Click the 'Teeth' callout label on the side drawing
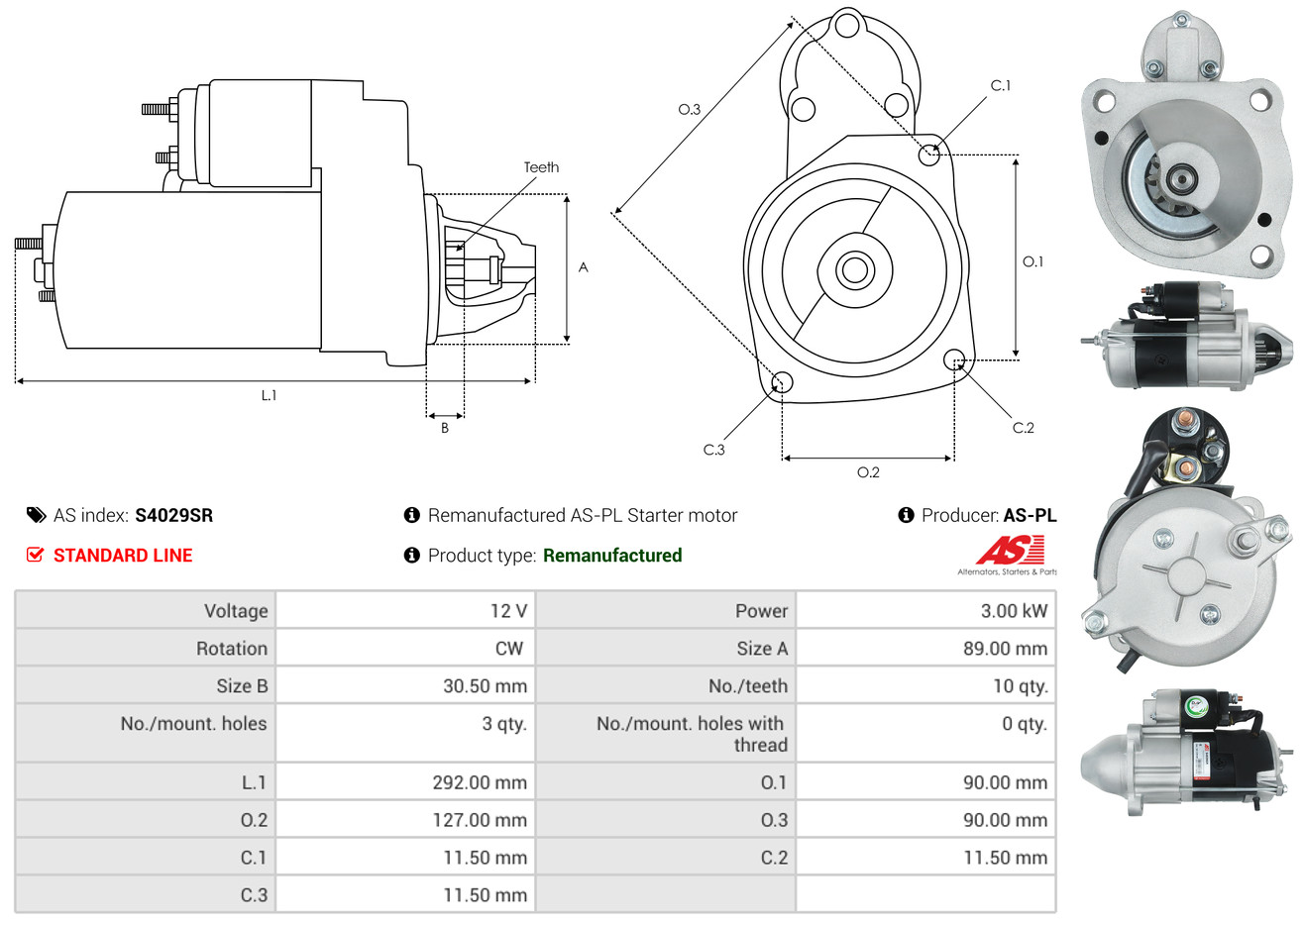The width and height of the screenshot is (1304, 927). click(541, 167)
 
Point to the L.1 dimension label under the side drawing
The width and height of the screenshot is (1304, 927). click(269, 396)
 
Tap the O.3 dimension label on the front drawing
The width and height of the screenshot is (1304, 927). click(690, 109)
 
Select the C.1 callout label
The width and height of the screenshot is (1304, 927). click(1000, 85)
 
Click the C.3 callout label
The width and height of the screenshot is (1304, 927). click(713, 450)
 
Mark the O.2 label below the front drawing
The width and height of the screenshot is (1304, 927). click(868, 472)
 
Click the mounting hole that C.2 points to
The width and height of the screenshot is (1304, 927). click(953, 360)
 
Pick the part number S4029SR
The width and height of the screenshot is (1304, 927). click(174, 516)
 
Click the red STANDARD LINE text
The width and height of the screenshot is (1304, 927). click(123, 556)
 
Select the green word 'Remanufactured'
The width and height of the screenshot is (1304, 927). click(612, 556)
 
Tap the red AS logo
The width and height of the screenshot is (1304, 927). click(1010, 550)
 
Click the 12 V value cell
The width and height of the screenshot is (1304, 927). click(405, 610)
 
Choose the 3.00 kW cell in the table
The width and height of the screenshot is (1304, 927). click(925, 610)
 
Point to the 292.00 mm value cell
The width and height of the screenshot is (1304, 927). click(405, 781)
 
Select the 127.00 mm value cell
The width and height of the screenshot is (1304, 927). click(405, 819)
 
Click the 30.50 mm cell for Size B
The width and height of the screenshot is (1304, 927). click(405, 685)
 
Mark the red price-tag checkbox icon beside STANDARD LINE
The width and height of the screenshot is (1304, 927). click(35, 555)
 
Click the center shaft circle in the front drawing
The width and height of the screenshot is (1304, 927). click(854, 270)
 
